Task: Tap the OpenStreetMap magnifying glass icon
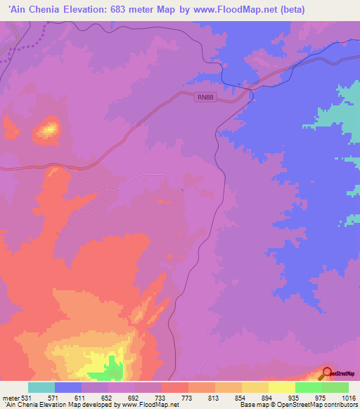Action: pos(328,373)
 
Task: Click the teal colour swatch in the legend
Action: pos(41,387)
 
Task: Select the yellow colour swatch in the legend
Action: pos(281,387)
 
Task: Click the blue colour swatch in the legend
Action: pos(68,387)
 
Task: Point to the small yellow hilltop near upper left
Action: pos(49,129)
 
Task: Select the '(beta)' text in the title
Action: pos(339,10)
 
